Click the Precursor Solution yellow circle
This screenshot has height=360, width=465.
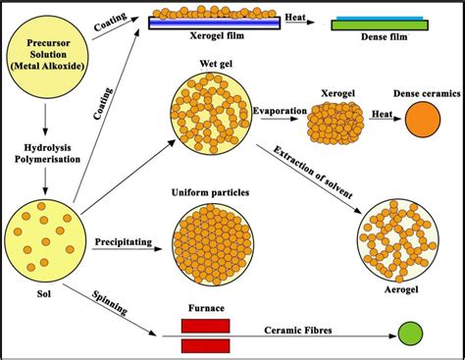pyautogui.click(x=48, y=54)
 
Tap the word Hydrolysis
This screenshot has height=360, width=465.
pyautogui.click(x=47, y=148)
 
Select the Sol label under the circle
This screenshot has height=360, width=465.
pyautogui.click(x=44, y=294)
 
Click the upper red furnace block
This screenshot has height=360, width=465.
pyautogui.click(x=205, y=326)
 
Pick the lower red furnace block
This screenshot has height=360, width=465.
pyautogui.click(x=205, y=346)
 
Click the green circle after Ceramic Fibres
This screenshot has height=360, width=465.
pyautogui.click(x=410, y=334)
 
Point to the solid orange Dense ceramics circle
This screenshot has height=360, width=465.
pyautogui.click(x=423, y=120)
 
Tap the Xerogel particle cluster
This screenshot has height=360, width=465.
pyautogui.click(x=336, y=123)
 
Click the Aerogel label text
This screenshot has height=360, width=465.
pyautogui.click(x=401, y=289)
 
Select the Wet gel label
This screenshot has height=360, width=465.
pyautogui.click(x=216, y=64)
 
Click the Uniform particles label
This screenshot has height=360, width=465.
pyautogui.click(x=210, y=192)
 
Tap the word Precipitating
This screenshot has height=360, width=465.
pyautogui.click(x=124, y=242)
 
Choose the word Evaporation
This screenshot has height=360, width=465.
pyautogui.click(x=280, y=111)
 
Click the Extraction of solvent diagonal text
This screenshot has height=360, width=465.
pyautogui.click(x=313, y=173)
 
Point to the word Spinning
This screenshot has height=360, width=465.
pyautogui.click(x=110, y=303)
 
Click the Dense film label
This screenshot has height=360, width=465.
pyautogui.click(x=385, y=36)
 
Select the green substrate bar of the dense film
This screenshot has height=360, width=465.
pyautogui.click(x=380, y=26)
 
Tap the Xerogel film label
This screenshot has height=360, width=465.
pyautogui.click(x=217, y=35)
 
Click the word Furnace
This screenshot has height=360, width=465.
pyautogui.click(x=206, y=308)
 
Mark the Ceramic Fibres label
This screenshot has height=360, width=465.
pyautogui.click(x=298, y=331)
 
